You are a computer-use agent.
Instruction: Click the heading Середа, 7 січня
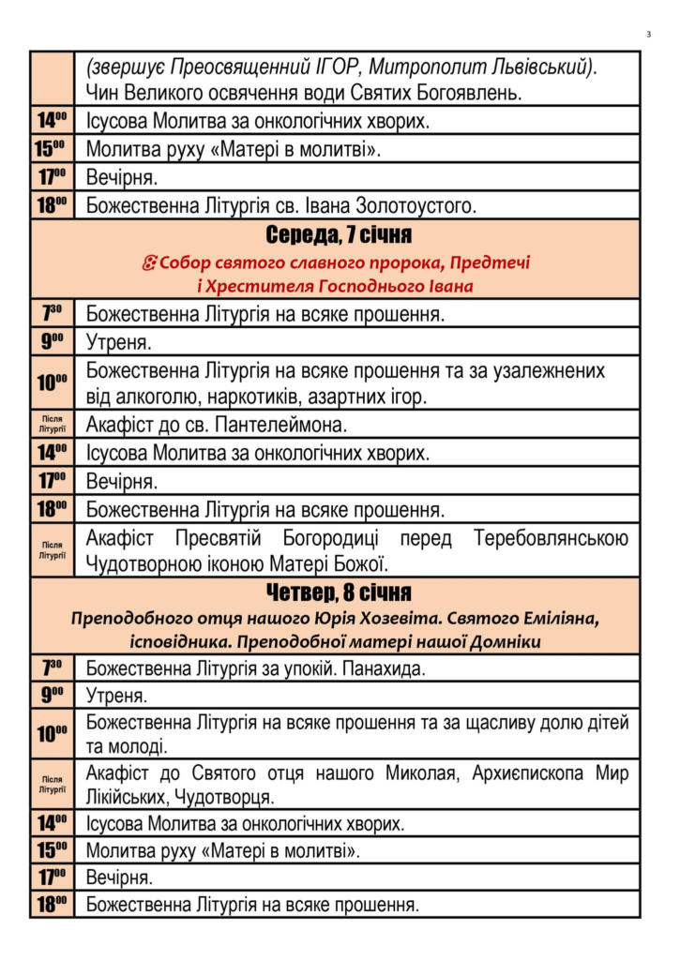pyautogui.click(x=339, y=234)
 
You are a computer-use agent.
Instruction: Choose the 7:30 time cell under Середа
pyautogui.click(x=53, y=313)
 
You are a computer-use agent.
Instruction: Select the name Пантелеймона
pyautogui.click(x=280, y=425)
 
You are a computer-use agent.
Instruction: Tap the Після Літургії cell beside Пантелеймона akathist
pyautogui.click(x=53, y=425)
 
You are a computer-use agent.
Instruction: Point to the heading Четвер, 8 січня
pyautogui.click(x=339, y=593)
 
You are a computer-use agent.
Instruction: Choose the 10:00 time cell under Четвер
pyautogui.click(x=53, y=734)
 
